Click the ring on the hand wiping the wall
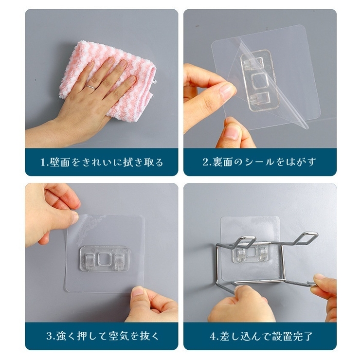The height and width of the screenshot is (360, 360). pos(90,87)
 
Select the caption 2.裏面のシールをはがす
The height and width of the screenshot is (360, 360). pos(259,162)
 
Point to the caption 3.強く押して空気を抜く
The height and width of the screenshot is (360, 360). pos(102,336)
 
